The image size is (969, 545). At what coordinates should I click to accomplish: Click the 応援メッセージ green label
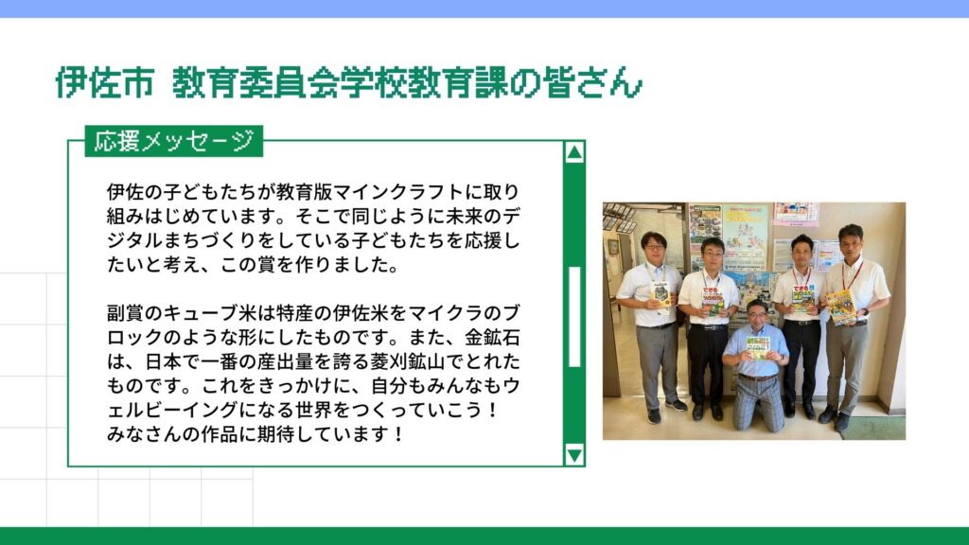174,141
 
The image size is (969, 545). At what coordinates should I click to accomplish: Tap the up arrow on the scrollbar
574,152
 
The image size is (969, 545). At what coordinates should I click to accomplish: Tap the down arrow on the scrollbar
574,455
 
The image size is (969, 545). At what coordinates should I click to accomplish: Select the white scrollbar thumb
574,317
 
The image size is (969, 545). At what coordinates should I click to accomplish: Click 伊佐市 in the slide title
104,82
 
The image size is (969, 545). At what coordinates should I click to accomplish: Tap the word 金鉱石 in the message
492,338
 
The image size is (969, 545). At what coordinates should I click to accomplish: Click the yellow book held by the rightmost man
840,307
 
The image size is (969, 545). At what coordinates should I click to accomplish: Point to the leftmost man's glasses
653,247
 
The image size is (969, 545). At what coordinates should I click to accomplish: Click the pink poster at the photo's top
796,214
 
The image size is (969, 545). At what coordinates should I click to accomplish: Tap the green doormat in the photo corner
874,428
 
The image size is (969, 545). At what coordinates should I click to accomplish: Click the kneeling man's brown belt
758,378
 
